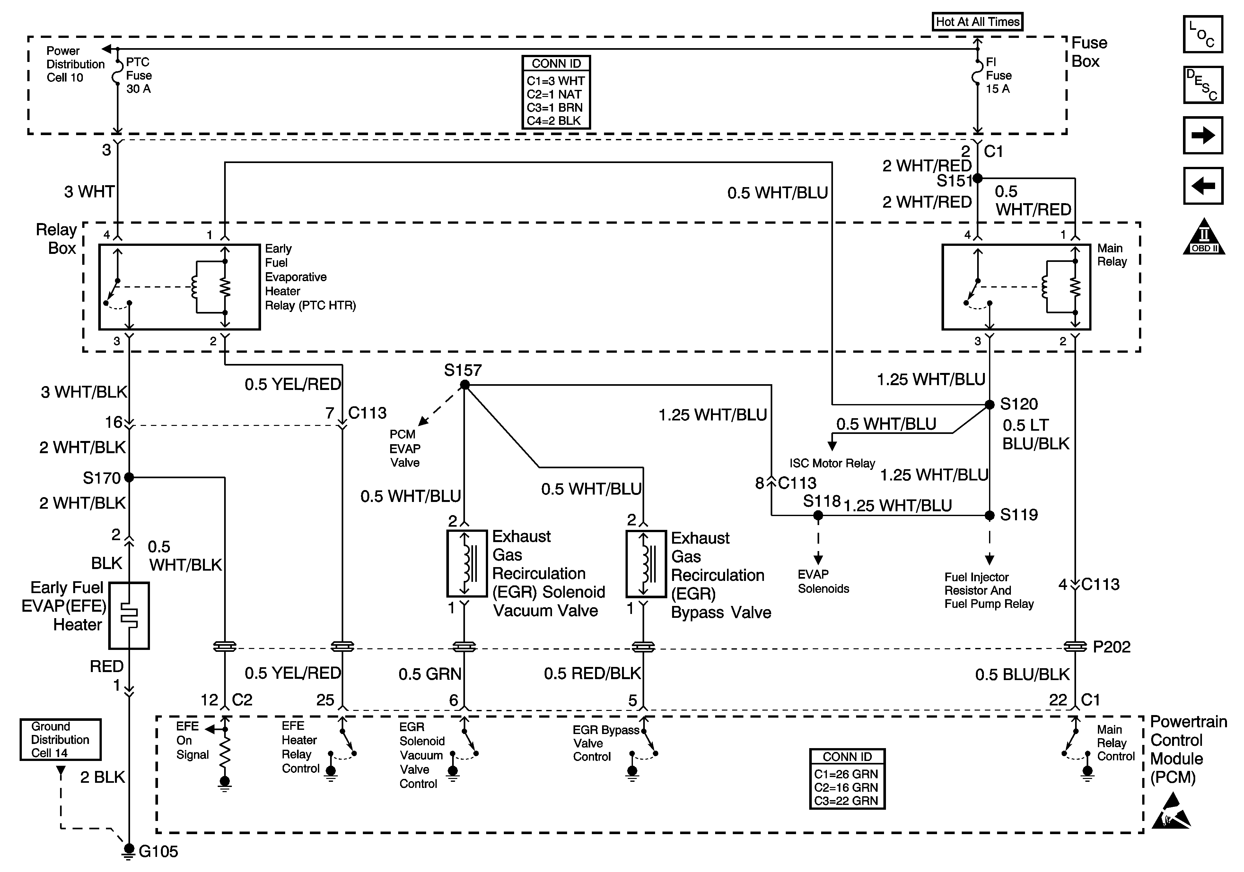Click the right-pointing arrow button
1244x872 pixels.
pyautogui.click(x=1203, y=135)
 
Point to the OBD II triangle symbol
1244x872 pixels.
pyautogui.click(x=1204, y=238)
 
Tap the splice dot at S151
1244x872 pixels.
pyautogui.click(x=977, y=178)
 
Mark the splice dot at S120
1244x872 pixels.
pyautogui.click(x=989, y=404)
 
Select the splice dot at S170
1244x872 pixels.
pyautogui.click(x=129, y=477)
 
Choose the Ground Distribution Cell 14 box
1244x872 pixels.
pyautogui.click(x=60, y=739)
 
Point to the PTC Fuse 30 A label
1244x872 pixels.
pyautogui.click(x=139, y=75)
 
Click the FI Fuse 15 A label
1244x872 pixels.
pyautogui.click(x=998, y=75)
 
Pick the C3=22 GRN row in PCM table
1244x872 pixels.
pyautogui.click(x=846, y=800)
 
